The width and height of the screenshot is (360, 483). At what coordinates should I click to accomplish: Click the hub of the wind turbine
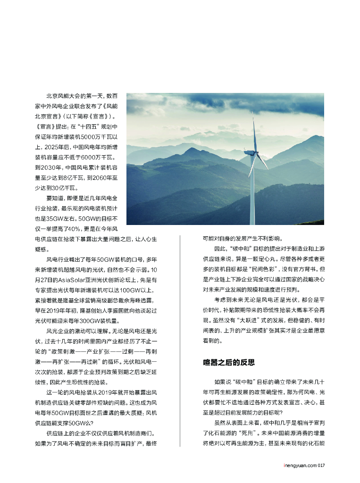point(254,153)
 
